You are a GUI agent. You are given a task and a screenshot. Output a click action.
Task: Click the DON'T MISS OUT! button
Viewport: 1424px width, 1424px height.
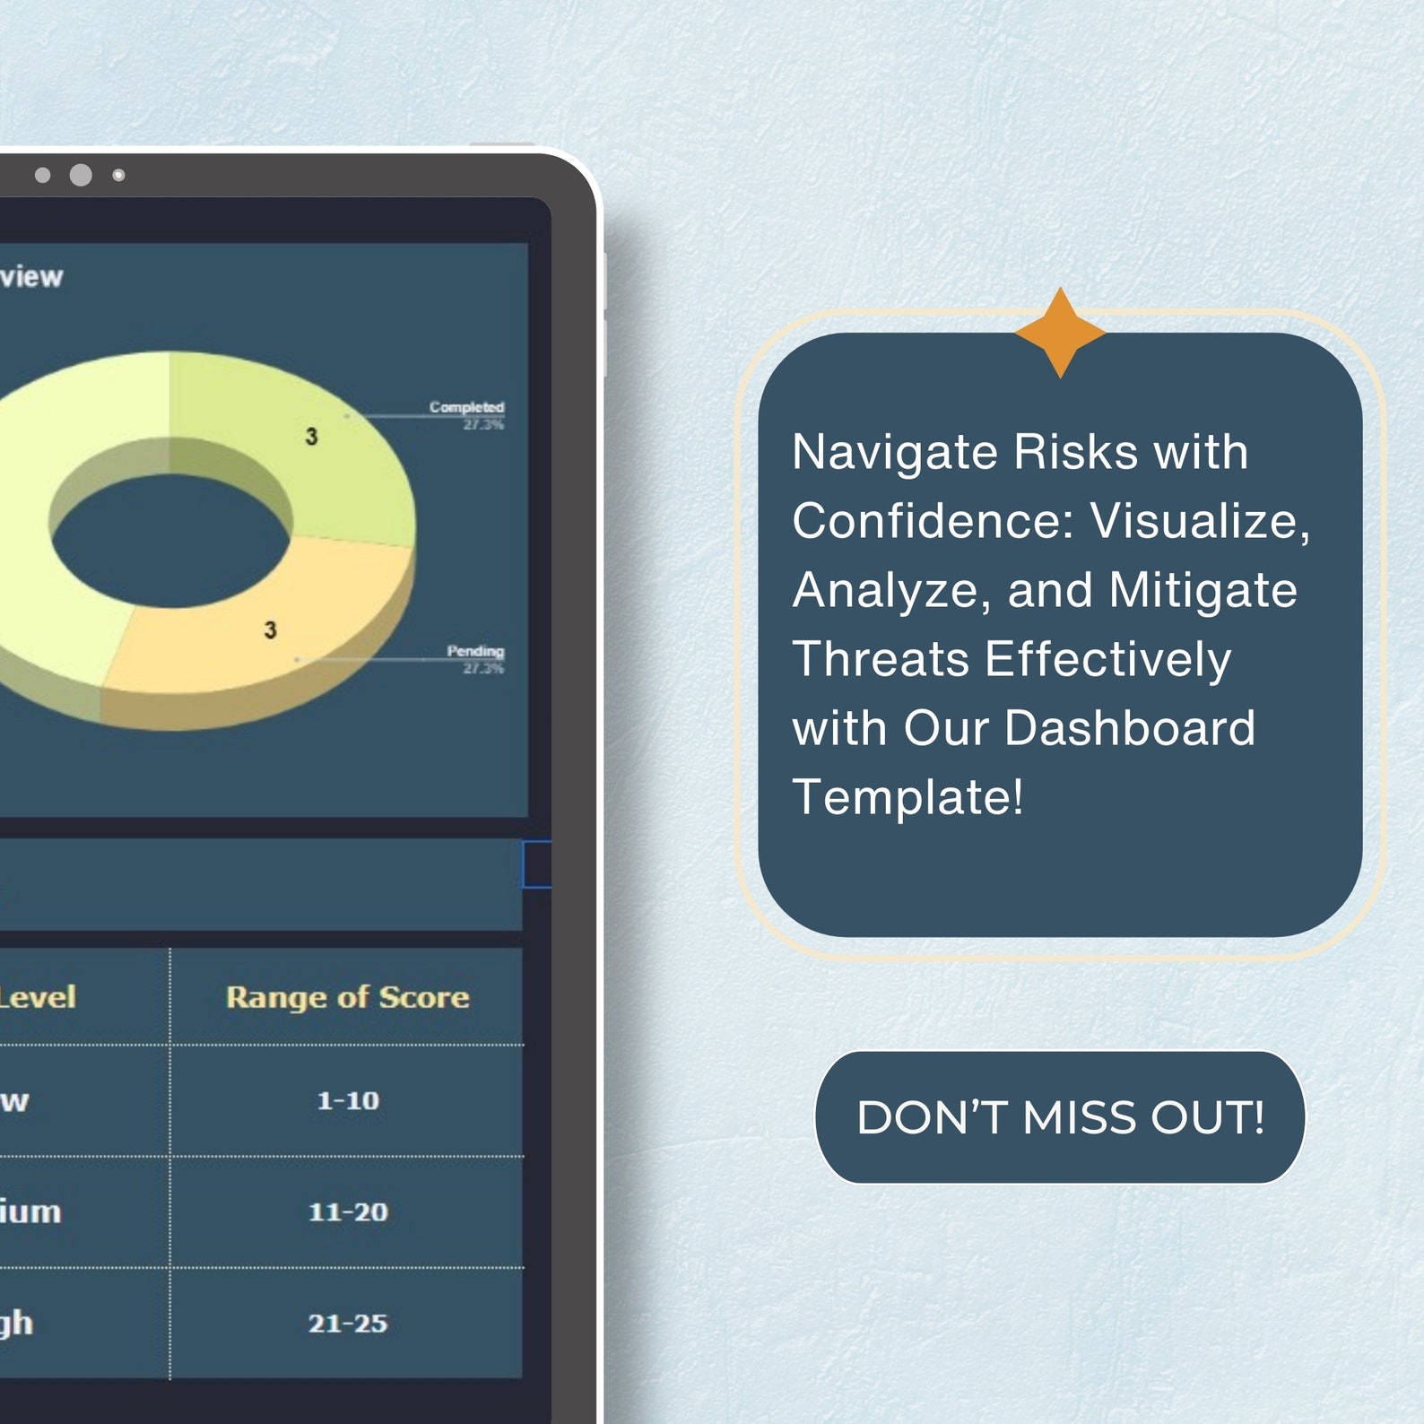pos(1060,1117)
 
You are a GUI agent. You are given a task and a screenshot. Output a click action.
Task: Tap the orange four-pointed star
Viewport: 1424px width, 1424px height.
pos(1060,333)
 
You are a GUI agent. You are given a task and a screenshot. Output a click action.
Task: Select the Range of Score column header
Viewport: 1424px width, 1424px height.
pos(347,997)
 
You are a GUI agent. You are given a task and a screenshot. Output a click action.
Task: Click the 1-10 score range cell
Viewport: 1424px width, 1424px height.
pos(348,1100)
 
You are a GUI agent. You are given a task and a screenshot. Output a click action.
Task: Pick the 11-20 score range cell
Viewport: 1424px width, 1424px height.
pos(348,1212)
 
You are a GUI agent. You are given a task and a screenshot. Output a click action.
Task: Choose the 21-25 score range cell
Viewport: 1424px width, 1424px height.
pos(348,1324)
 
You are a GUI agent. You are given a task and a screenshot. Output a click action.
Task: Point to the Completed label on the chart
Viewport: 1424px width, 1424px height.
pos(466,407)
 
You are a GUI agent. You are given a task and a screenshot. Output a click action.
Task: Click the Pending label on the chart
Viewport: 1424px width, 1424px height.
pos(475,651)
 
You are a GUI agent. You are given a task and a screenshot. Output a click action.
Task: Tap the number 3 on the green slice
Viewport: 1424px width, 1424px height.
pos(311,437)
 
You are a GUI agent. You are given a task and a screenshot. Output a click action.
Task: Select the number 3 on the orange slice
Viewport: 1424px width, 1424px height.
pos(270,630)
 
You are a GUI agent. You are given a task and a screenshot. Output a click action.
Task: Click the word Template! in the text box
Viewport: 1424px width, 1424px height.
pos(907,797)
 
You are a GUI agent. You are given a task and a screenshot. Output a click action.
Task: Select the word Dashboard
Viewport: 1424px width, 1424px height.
pos(1129,728)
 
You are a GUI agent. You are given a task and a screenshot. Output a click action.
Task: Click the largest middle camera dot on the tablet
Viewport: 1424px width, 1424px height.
pos(81,175)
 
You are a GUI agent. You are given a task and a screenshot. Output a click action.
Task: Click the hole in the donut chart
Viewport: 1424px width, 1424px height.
pos(170,542)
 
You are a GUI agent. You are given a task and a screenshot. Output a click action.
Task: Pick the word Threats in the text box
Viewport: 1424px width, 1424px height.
pos(881,659)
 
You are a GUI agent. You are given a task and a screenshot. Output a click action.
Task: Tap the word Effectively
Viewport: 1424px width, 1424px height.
pos(1107,659)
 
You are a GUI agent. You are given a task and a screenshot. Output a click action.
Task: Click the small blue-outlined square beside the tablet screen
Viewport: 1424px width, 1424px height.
pos(536,864)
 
